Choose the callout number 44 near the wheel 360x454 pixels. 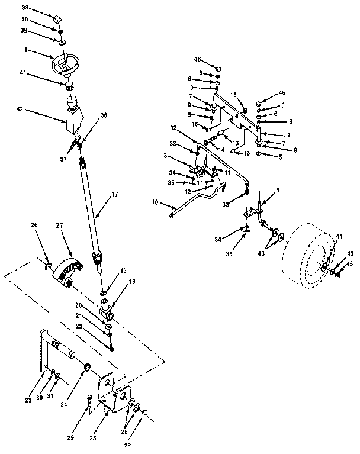[x=339, y=236]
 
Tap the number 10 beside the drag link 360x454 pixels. [x=155, y=202]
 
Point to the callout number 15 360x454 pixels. [x=233, y=95]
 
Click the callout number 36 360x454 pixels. [x=104, y=117]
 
